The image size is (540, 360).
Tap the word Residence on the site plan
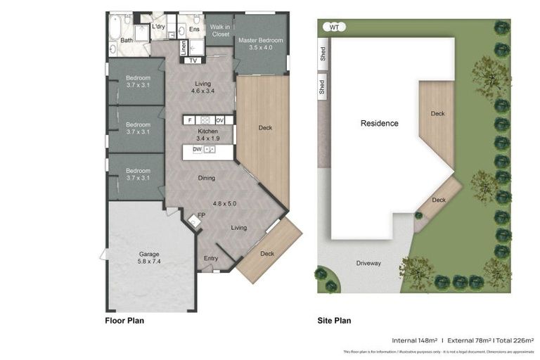pyautogui.click(x=379, y=123)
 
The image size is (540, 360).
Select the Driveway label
pyautogui.click(x=368, y=263)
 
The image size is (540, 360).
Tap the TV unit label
pyautogui.click(x=193, y=60)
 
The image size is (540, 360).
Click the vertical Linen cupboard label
pyautogui.click(x=184, y=48)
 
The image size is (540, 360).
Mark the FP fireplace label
pyautogui.click(x=201, y=215)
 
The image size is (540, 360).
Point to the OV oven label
pyautogui.click(x=219, y=120)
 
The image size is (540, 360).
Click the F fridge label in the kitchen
pyautogui.click(x=189, y=120)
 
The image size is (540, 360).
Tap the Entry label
pyautogui.click(x=211, y=258)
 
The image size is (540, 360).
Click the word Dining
pyautogui.click(x=206, y=178)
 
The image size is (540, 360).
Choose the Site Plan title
pyautogui.click(x=334, y=321)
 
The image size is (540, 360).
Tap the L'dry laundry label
pyautogui.click(x=159, y=27)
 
